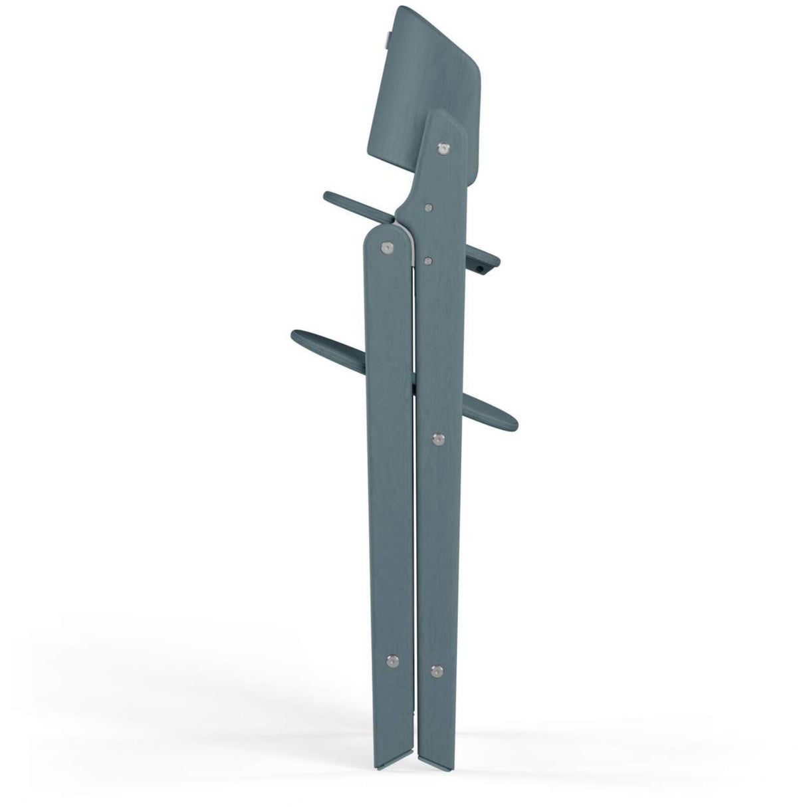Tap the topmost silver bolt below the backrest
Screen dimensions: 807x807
[443, 149]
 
